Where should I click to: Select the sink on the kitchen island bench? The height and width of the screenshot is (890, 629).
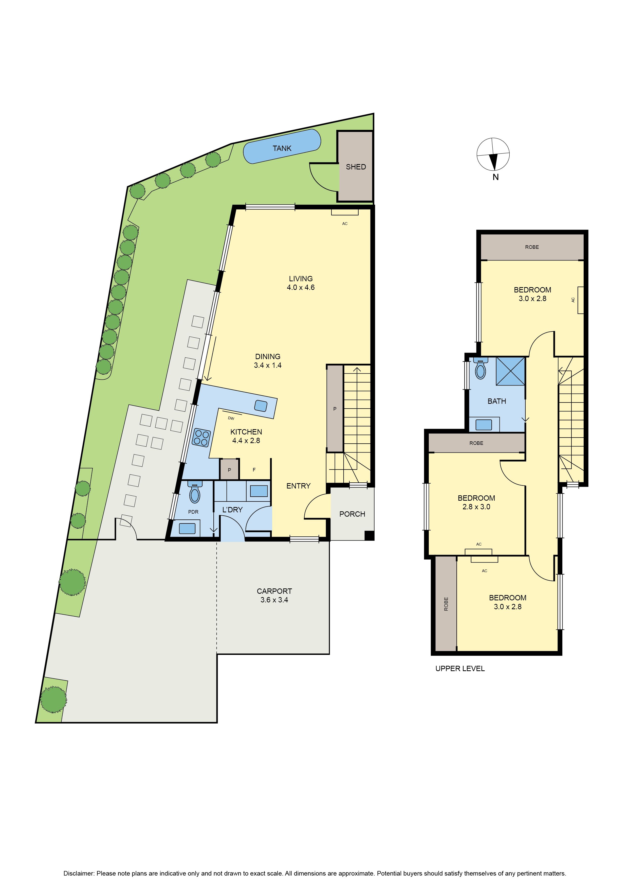click(261, 406)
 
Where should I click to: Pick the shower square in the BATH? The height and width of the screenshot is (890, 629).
click(510, 371)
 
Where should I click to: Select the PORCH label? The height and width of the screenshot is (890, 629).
click(352, 514)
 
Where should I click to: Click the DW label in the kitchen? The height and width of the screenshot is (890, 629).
click(231, 418)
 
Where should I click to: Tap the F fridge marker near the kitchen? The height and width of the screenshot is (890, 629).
click(254, 470)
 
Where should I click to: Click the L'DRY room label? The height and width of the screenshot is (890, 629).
click(232, 510)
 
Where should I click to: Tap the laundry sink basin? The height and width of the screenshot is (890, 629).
click(259, 491)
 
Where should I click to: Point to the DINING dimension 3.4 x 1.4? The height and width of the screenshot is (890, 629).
click(268, 365)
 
